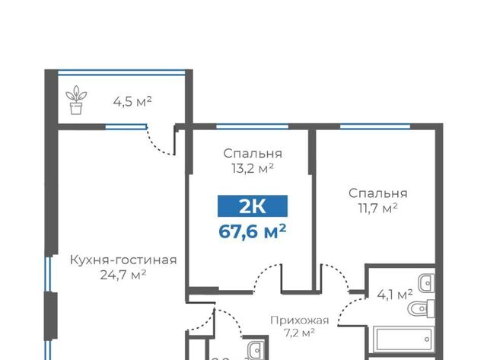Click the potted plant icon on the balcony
click(x=76, y=100)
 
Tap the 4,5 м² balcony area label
click(x=132, y=101)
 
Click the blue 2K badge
click(x=253, y=206)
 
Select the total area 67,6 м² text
click(x=252, y=231)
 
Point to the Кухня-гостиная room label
click(x=123, y=260)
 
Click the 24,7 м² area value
click(x=123, y=275)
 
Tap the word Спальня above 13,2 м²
click(x=253, y=154)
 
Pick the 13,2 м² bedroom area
click(x=252, y=168)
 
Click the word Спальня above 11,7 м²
click(x=377, y=193)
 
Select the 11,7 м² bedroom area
click(x=377, y=208)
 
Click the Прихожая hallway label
click(x=299, y=320)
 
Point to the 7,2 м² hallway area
click(x=299, y=333)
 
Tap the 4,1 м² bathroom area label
click(x=395, y=294)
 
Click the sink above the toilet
click(x=426, y=283)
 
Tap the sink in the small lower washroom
click(x=256, y=350)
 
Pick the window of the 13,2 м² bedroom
click(x=252, y=126)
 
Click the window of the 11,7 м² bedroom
click(x=375, y=126)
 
